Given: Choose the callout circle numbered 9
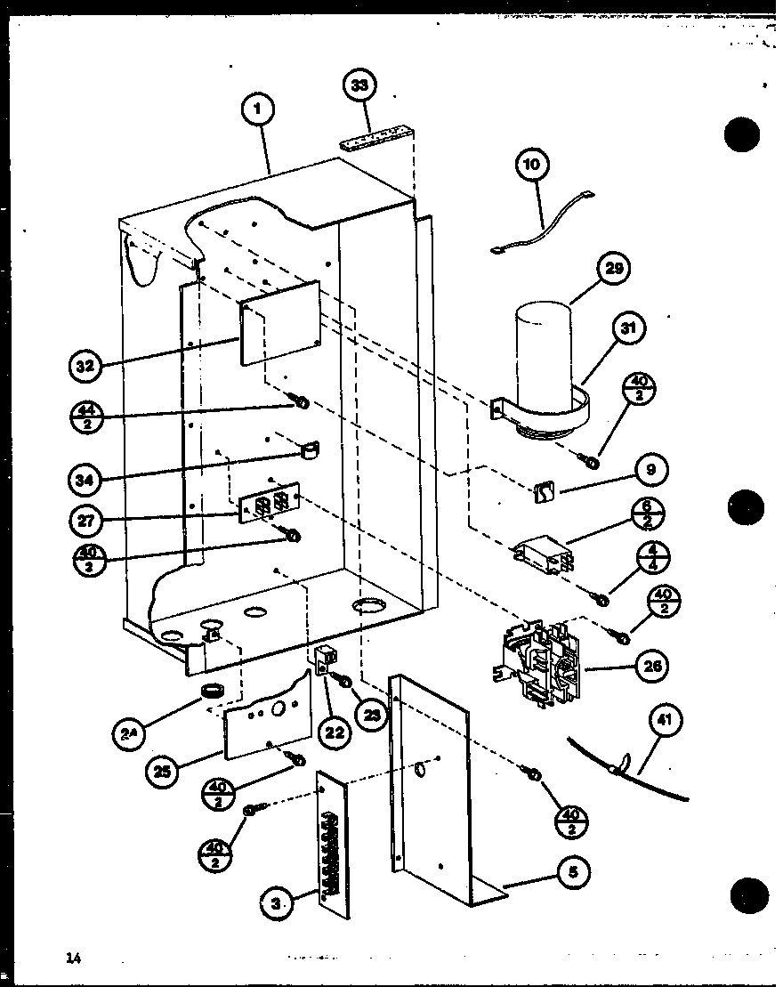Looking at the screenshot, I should (650, 469).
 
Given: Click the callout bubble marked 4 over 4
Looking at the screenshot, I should (653, 562).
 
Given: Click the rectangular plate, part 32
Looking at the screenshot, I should (280, 329).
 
